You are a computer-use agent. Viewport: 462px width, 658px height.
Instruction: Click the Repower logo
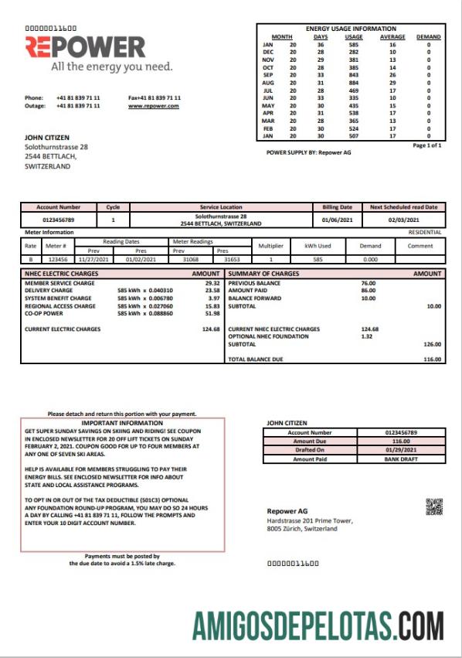point(85,48)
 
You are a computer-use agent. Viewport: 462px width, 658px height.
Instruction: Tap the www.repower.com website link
point(153,106)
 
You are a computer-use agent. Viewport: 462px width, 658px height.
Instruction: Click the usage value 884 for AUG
point(353,81)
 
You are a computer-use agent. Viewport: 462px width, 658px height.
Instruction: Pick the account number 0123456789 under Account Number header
point(58,220)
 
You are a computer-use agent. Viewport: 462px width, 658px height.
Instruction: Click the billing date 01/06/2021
point(336,220)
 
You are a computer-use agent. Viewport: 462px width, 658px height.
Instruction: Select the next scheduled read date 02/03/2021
point(403,220)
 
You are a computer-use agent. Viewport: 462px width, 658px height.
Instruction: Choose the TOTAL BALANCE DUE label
point(257,359)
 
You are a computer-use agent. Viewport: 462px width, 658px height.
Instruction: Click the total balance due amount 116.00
point(433,359)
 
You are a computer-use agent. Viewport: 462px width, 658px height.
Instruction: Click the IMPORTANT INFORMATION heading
point(122,423)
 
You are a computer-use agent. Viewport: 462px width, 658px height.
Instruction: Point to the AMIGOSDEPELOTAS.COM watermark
point(318,623)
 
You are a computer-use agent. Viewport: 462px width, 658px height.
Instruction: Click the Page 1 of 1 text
point(427,145)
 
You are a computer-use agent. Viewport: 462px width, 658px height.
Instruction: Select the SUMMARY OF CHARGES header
point(263,274)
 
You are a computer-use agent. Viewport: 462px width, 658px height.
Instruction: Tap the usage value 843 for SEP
point(353,74)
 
